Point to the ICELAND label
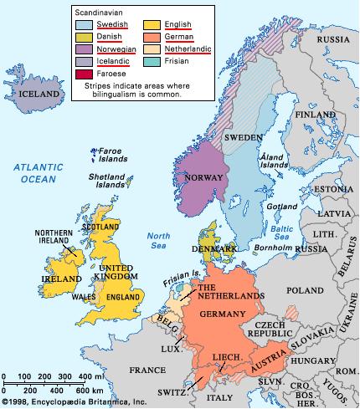(40, 95)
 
